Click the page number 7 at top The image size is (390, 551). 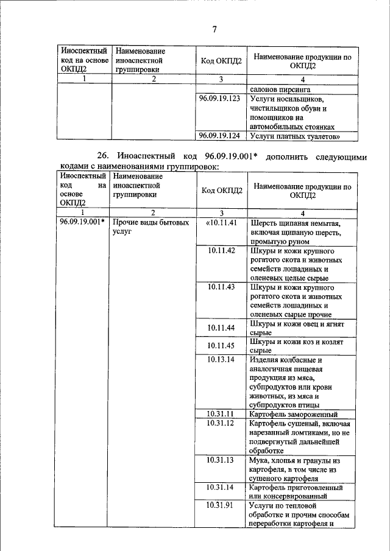pos(214,30)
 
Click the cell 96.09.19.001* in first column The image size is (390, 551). pos(82,222)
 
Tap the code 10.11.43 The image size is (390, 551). pos(221,287)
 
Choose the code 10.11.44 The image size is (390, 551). pos(221,328)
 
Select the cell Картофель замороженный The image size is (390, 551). pos(294,414)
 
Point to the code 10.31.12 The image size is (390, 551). pos(221,423)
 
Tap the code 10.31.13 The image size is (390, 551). pos(221,460)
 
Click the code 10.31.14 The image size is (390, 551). pos(221,487)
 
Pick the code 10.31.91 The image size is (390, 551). pos(221,505)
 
